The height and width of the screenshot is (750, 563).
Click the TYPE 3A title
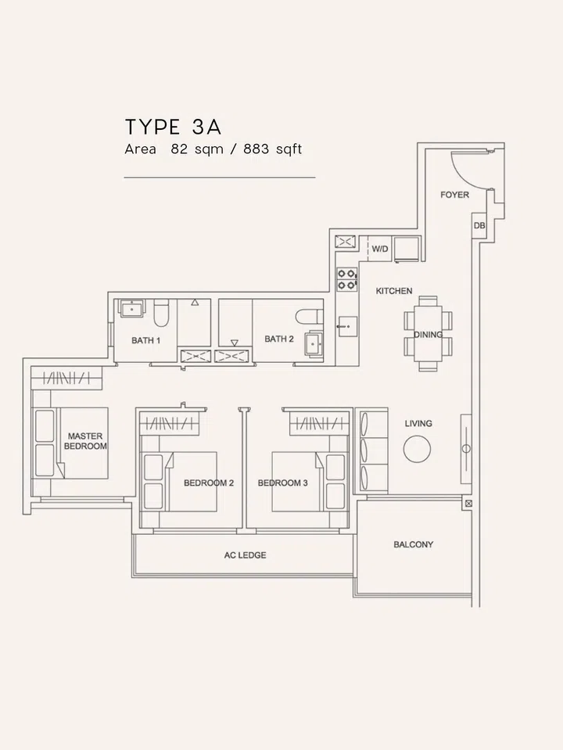click(178, 127)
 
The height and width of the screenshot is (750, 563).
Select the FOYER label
click(454, 194)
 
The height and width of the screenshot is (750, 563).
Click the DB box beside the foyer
click(479, 225)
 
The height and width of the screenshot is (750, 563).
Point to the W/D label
click(380, 249)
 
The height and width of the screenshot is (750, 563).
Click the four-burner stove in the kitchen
click(346, 279)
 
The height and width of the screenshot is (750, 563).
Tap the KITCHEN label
click(393, 291)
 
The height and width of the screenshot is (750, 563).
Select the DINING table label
click(428, 334)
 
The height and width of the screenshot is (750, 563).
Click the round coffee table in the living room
click(417, 448)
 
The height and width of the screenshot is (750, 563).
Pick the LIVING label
click(418, 424)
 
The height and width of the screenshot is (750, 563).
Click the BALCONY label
click(413, 544)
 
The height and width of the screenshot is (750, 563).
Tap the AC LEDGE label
click(246, 555)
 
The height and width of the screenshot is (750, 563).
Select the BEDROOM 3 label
click(282, 483)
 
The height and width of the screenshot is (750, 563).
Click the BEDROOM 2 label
click(209, 483)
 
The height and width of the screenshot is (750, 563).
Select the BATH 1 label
click(145, 340)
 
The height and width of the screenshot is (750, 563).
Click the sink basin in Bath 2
click(316, 343)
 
